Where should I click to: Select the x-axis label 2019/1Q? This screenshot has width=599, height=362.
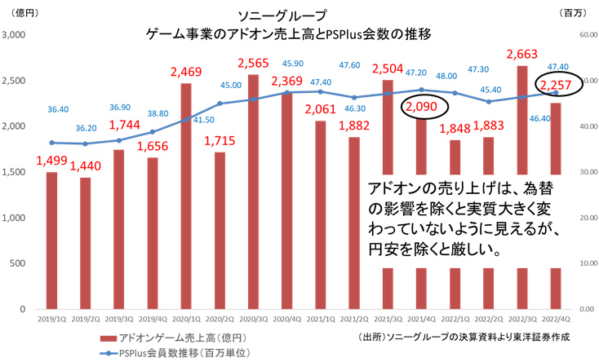tap(51, 321)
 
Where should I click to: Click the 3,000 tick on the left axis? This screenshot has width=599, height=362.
tap(16, 35)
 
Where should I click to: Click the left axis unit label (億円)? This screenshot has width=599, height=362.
tap(22, 14)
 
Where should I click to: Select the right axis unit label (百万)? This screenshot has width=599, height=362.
tap(580, 14)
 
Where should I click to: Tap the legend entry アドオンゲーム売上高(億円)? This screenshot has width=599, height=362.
tap(171, 337)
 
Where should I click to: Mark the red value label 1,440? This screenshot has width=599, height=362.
tap(86, 168)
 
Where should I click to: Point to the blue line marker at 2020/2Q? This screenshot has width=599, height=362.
tap(220, 104)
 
